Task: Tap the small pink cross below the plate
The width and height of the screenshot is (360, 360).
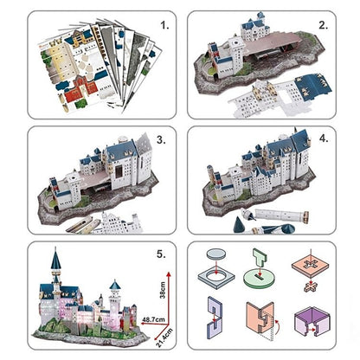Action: click(313, 283)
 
